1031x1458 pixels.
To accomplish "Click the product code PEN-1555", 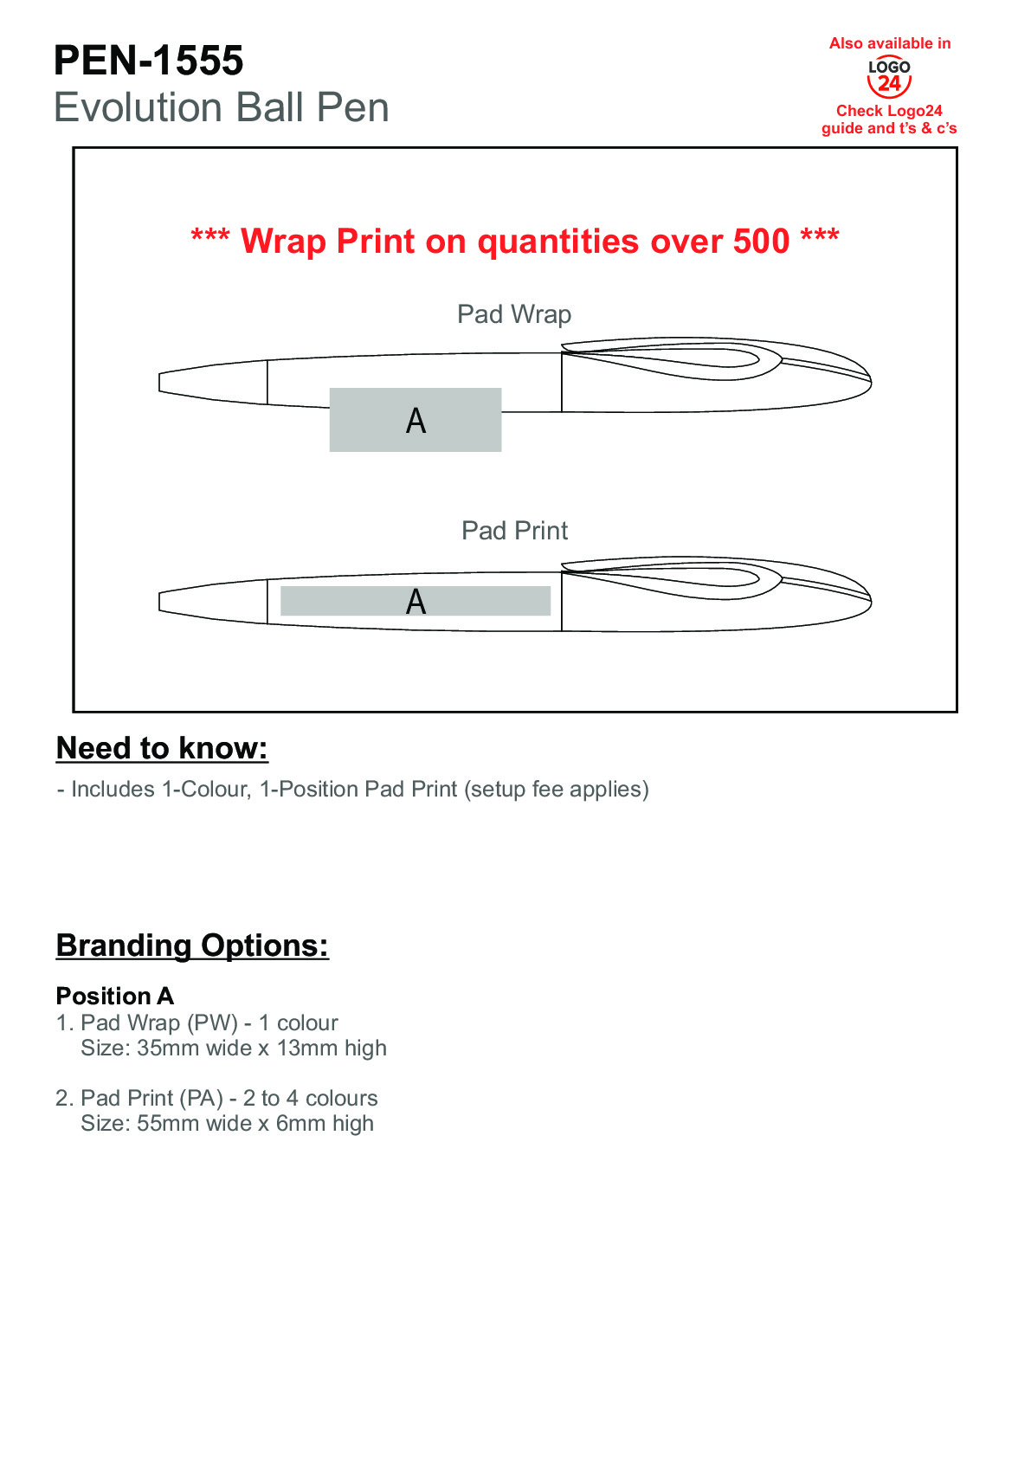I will pyautogui.click(x=148, y=61).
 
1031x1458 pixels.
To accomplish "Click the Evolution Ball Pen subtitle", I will pyautogui.click(x=221, y=108).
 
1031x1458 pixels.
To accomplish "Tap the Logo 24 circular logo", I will pyautogui.click(x=889, y=78).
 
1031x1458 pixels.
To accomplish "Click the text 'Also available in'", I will pyautogui.click(x=889, y=43).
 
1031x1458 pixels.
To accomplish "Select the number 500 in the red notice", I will pyautogui.click(x=761, y=242).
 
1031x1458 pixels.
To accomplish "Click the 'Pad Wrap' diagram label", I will pyautogui.click(x=514, y=314).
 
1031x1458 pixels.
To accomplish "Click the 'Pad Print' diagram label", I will pyautogui.click(x=514, y=531).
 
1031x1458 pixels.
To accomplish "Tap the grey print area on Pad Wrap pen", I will pyautogui.click(x=416, y=420).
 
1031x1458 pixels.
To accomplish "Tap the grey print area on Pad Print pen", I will pyautogui.click(x=416, y=601).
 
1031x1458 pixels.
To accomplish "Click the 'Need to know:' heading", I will pyautogui.click(x=162, y=748).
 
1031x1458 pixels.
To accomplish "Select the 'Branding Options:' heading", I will pyautogui.click(x=192, y=945).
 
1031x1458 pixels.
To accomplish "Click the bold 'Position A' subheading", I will pyautogui.click(x=115, y=996).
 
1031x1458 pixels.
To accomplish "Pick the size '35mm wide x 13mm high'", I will pyautogui.click(x=261, y=1048).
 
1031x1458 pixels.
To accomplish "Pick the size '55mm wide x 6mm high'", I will pyautogui.click(x=255, y=1124).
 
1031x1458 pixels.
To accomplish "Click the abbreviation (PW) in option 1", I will pyautogui.click(x=212, y=1023).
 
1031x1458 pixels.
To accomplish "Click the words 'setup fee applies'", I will pyautogui.click(x=556, y=790).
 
